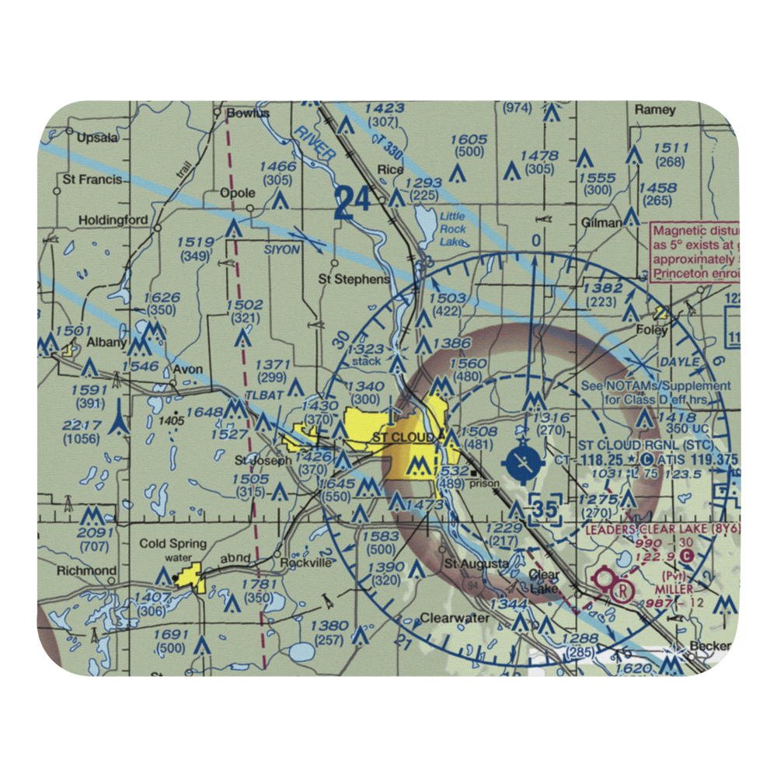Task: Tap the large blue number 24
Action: (353, 203)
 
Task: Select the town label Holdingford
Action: (113, 221)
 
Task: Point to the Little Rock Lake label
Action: (452, 229)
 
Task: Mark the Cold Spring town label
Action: (172, 544)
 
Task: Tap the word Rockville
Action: (306, 562)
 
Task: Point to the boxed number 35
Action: (548, 510)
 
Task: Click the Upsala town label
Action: (98, 138)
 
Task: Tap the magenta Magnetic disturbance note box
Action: (695, 253)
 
